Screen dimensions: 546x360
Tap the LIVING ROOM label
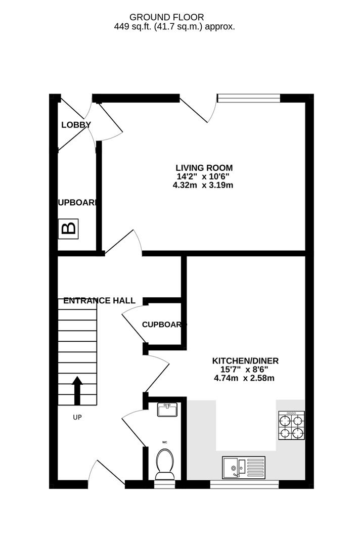click(x=204, y=168)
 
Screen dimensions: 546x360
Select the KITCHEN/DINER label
click(x=245, y=361)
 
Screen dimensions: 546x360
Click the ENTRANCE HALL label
click(x=99, y=301)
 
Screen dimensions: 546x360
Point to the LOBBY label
click(x=76, y=125)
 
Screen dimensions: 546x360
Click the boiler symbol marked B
click(x=68, y=229)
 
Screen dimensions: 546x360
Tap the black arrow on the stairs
click(x=77, y=390)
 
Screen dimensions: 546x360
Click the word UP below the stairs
click(x=77, y=418)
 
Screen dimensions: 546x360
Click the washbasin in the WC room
click(x=167, y=409)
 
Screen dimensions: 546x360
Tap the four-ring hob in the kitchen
click(x=292, y=426)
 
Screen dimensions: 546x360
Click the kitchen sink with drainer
click(x=243, y=467)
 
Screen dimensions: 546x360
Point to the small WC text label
click(x=164, y=442)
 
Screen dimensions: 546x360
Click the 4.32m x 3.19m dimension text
click(x=203, y=186)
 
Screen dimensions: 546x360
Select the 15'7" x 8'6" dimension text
click(x=245, y=370)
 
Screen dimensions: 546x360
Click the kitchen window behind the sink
click(x=244, y=484)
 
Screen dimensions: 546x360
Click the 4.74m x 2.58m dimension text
click(x=245, y=378)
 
